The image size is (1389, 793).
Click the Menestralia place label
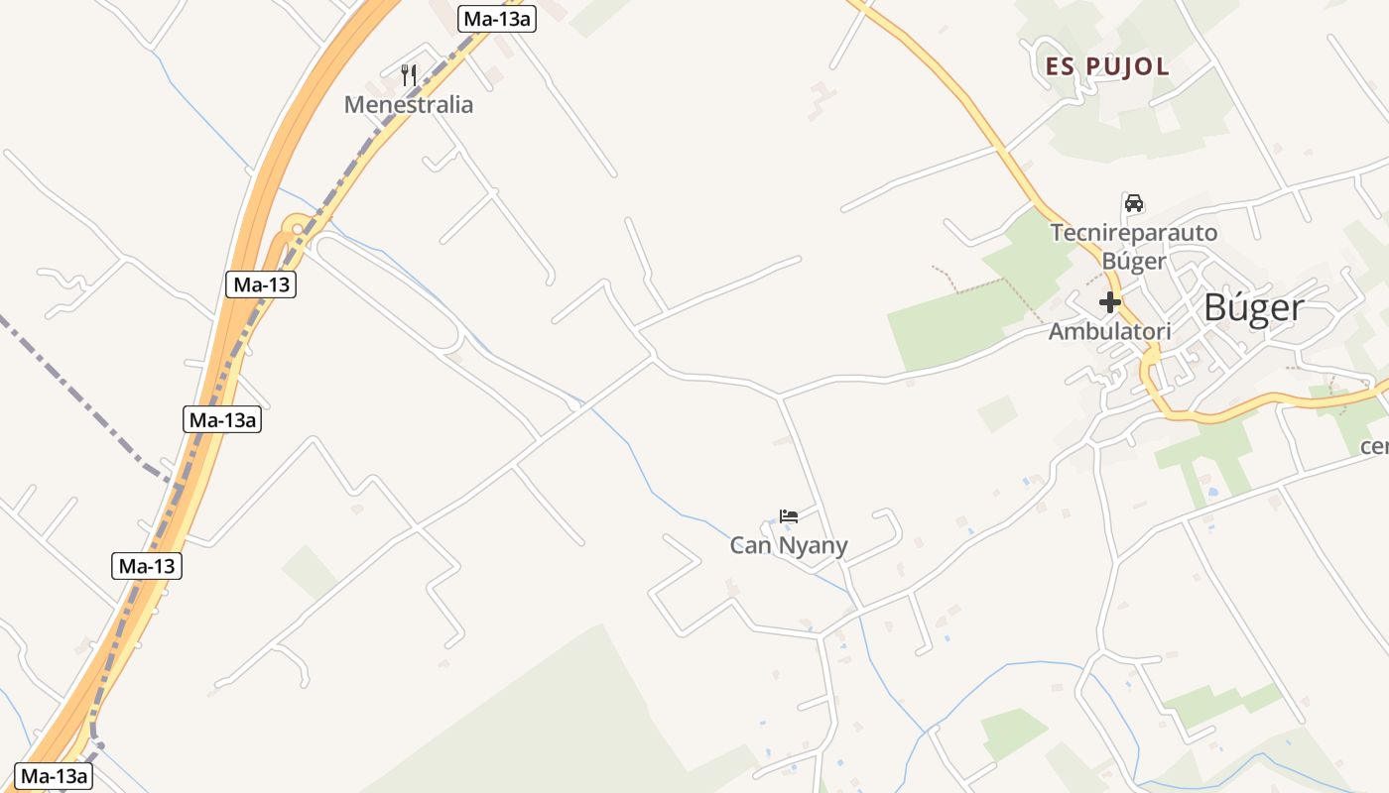(409, 104)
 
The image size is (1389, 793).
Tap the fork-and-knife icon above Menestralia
(409, 73)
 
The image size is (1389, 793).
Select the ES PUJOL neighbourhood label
(1107, 67)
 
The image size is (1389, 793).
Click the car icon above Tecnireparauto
(1133, 203)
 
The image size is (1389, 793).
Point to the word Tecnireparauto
(1134, 233)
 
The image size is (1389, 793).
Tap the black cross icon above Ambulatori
(1109, 302)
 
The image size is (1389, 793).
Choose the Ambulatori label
(1109, 331)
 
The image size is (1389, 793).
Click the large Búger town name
(1253, 307)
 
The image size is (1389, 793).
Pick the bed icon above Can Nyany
(789, 516)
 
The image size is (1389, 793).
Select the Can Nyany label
(789, 545)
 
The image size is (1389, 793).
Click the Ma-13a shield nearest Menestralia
(497, 18)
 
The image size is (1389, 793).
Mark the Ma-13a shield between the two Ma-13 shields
(223, 419)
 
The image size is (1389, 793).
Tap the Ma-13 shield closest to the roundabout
(261, 284)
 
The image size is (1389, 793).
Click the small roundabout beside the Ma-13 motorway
(296, 227)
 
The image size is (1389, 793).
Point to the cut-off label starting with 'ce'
(1375, 445)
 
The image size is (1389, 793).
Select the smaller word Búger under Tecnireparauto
(1134, 262)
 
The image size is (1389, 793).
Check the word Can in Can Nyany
(751, 545)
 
